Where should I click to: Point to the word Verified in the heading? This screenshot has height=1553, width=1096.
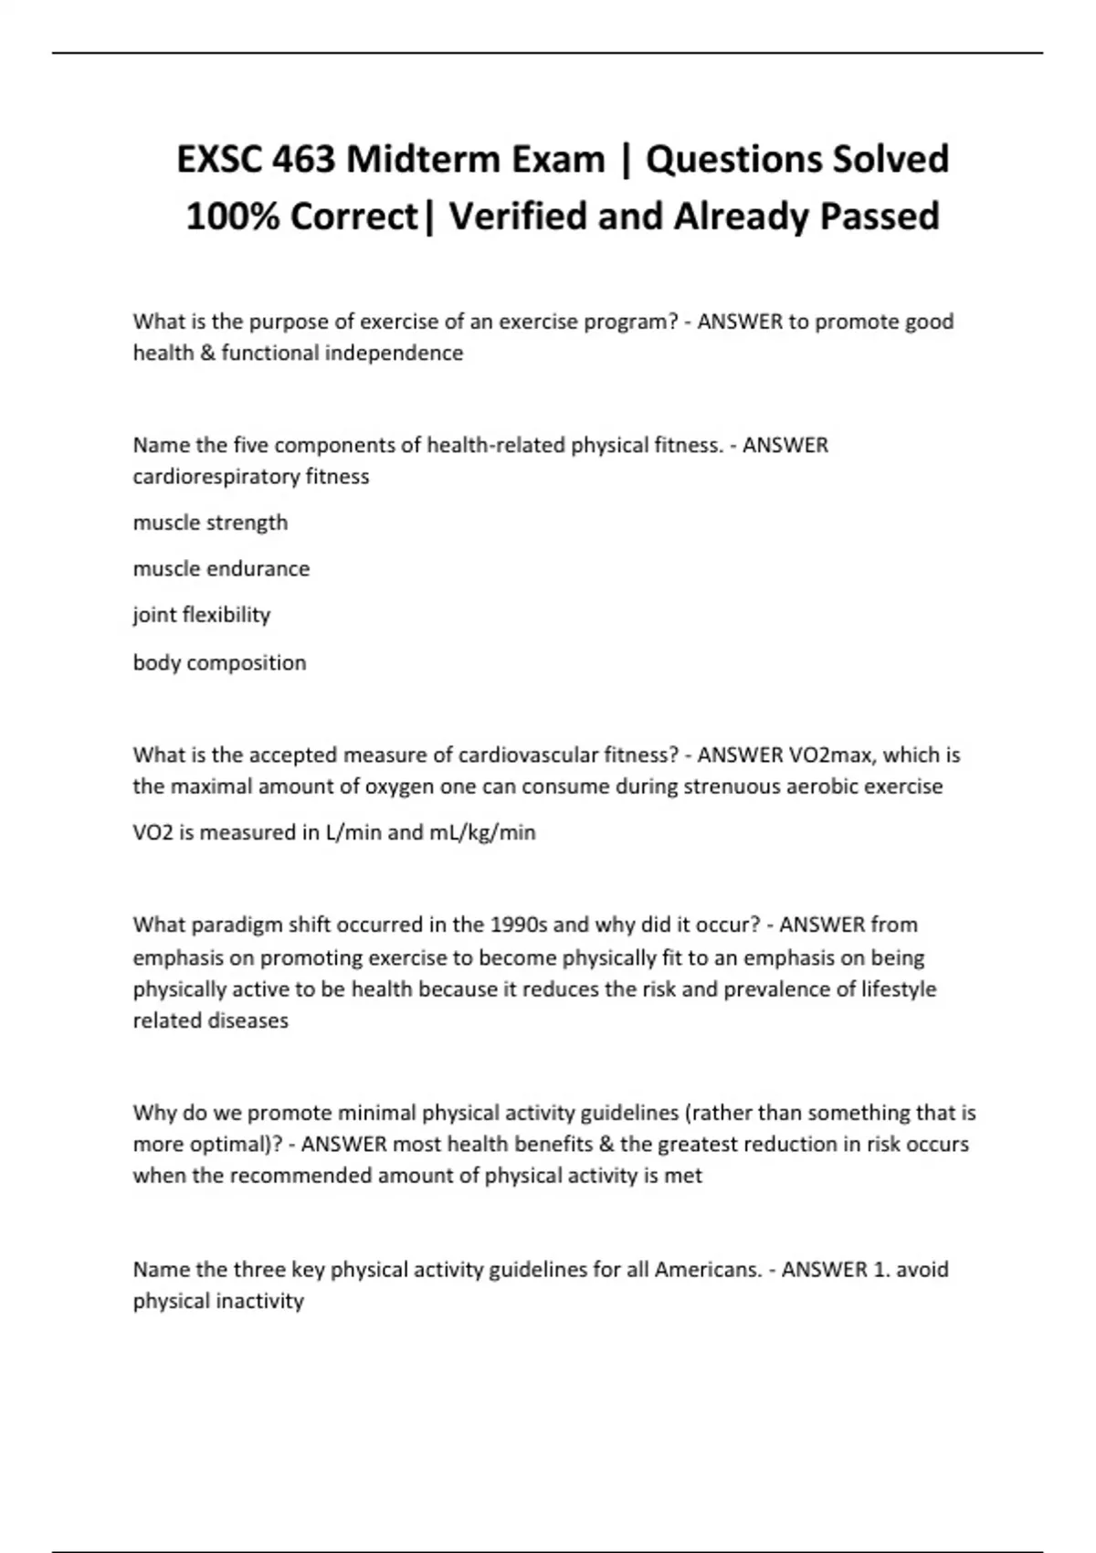514,217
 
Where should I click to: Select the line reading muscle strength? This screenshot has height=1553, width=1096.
210,523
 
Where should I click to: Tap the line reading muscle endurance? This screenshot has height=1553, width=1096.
221,568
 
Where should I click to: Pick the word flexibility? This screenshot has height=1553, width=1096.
226,615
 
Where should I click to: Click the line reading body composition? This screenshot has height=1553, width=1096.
219,662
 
